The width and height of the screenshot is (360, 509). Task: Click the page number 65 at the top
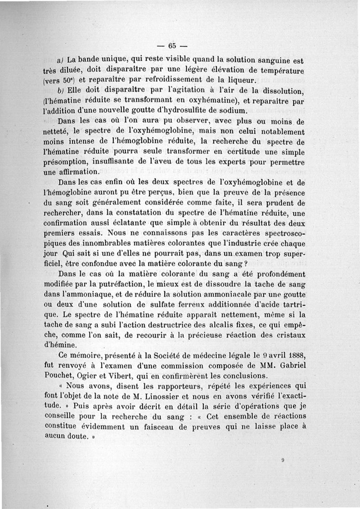click(172, 45)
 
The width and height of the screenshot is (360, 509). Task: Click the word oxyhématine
click(205, 101)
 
